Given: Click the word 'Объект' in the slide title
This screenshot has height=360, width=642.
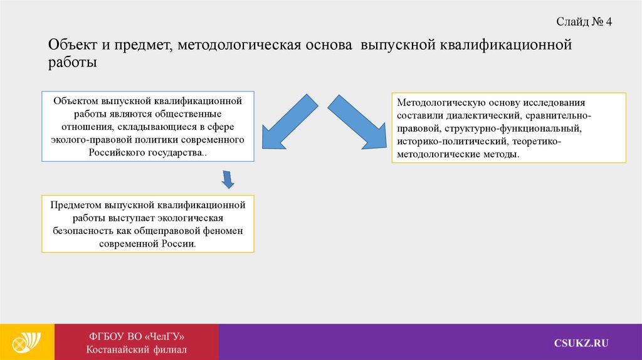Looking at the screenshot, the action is click(71, 46).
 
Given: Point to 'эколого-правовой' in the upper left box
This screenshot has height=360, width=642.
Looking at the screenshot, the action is click(87, 140).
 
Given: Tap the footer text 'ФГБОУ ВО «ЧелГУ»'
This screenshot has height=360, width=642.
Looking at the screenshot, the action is click(137, 336).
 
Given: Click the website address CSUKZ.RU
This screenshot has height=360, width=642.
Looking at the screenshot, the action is click(581, 342).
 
